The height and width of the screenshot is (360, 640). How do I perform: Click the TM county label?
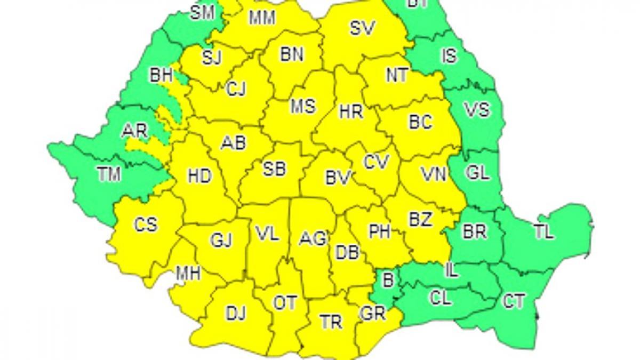109,174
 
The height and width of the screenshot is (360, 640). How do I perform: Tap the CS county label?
146,225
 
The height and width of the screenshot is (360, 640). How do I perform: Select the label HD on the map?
199,176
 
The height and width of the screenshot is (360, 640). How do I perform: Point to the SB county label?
275,169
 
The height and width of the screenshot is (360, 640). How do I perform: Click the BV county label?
338,179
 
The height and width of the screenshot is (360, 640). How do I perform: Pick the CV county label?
377,161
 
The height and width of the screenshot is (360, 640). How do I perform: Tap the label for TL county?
543,233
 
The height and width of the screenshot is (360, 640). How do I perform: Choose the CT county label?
514,301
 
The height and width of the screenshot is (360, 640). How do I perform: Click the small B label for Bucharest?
388,278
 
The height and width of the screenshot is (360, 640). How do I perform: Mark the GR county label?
373,314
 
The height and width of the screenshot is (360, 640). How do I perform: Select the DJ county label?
235,314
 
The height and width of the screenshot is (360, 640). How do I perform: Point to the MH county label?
188,274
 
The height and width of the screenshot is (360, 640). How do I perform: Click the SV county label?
363,28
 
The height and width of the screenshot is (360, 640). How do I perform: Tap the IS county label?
450,55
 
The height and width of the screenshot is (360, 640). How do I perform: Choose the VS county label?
476,110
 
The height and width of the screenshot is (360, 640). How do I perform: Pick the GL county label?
477,173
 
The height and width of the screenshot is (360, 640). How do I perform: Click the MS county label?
302,106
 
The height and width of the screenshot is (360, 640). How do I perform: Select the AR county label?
134,131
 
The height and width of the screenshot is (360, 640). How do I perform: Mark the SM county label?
203,12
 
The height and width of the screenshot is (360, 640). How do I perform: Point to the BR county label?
474,233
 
